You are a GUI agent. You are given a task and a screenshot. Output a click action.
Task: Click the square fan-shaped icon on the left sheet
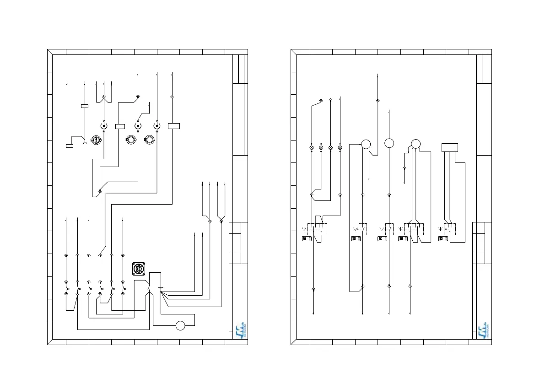click(x=139, y=269)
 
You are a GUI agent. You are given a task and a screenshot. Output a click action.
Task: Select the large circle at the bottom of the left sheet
click(x=181, y=325)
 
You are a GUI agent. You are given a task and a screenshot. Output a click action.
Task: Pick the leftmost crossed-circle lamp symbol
click(x=312, y=148)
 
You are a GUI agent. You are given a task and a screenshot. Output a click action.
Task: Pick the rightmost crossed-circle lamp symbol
click(x=340, y=148)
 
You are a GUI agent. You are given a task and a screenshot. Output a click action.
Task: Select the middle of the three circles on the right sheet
click(x=389, y=143)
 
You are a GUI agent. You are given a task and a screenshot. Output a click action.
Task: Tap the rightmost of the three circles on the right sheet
click(x=415, y=144)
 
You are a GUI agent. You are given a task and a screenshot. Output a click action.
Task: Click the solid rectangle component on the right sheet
click(x=450, y=147)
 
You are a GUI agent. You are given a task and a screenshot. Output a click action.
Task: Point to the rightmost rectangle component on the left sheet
click(x=174, y=126)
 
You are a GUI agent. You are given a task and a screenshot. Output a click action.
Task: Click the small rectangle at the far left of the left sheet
click(x=70, y=146)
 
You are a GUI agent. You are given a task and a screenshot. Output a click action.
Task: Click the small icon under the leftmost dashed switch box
click(x=306, y=238)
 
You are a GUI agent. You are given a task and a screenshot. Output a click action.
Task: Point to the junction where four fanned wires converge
click(x=162, y=293)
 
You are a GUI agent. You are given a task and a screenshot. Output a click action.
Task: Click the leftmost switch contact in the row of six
click(x=67, y=288)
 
